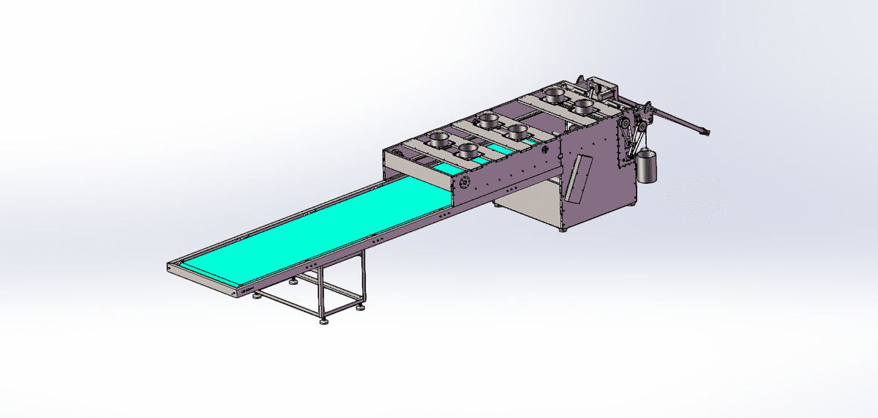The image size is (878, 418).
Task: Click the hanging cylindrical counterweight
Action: (x=646, y=168)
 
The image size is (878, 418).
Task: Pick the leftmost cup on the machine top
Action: (x=439, y=137)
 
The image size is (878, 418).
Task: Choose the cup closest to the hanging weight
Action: (x=583, y=105)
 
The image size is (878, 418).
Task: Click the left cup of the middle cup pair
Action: (x=487, y=118)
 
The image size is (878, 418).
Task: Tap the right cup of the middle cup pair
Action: (x=518, y=132)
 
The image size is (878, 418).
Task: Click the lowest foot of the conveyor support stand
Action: (x=323, y=320)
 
